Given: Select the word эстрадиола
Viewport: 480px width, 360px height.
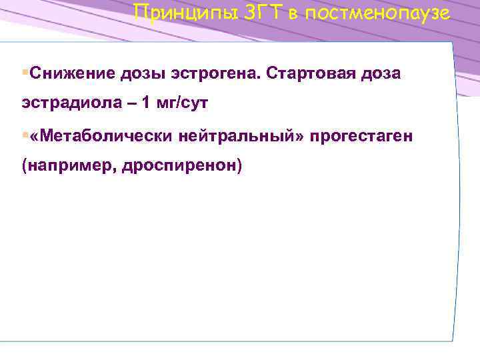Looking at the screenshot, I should tap(65, 104).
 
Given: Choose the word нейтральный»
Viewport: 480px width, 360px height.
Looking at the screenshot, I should tap(238, 136).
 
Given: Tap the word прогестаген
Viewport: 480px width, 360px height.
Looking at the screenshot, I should tap(361, 136).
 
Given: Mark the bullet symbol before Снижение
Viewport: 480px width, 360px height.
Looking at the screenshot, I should tap(25, 71).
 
